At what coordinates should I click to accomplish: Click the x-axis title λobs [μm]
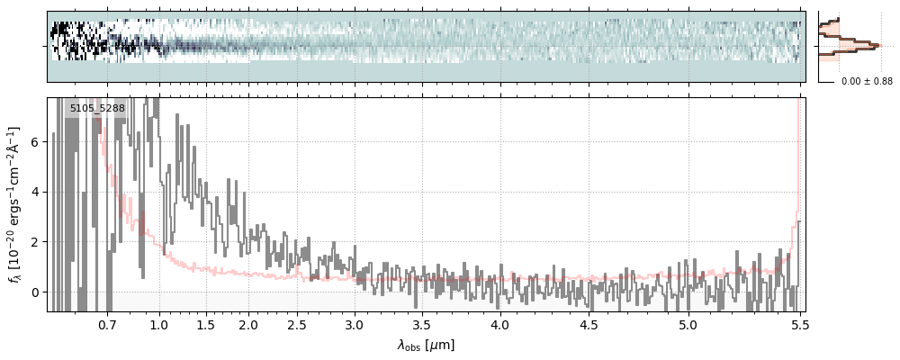(426, 345)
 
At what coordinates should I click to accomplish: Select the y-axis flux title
(15, 204)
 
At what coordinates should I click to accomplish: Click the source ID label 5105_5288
(97, 109)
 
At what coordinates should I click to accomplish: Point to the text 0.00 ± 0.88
(867, 82)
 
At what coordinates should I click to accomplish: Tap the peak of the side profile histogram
(875, 43)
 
